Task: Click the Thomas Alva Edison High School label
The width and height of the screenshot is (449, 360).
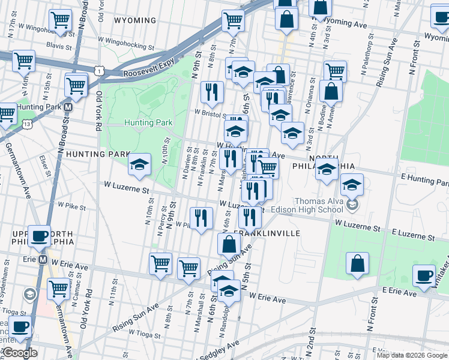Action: pos(318,205)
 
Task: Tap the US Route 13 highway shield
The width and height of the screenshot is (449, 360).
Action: pos(27,123)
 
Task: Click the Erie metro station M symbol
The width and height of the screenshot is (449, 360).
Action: pos(43,260)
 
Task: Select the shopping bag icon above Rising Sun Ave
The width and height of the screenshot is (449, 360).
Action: pos(229,244)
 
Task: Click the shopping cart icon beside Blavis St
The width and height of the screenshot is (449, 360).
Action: pos(60,20)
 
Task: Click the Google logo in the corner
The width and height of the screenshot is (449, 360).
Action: pos(19,353)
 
